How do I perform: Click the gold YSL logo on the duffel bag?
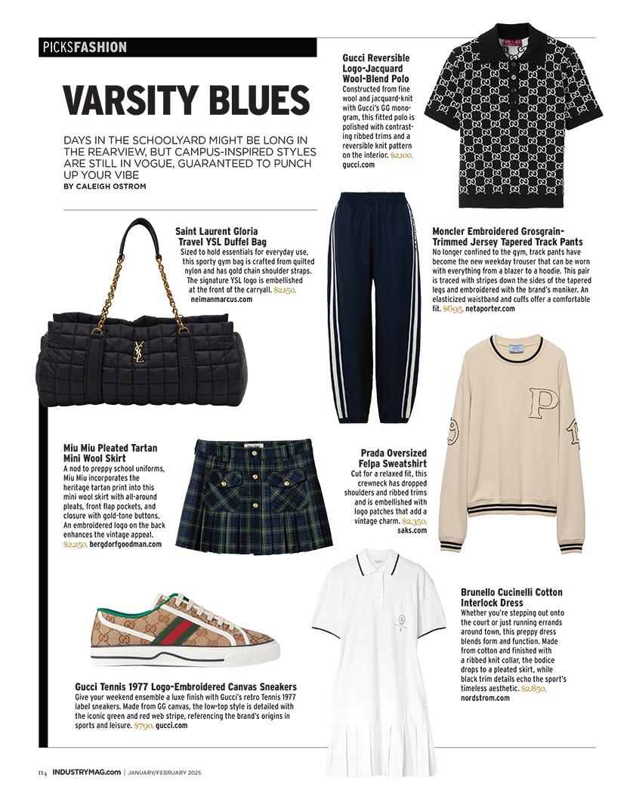pos(140,351)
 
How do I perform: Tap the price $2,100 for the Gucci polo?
pos(401,154)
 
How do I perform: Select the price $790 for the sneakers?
pos(143,725)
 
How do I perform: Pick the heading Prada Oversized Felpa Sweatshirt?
pos(393,458)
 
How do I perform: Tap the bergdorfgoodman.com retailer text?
pos(125,544)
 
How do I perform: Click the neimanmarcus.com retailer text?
pos(219,299)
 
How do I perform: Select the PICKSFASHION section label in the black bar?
pos(83,48)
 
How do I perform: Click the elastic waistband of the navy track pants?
pos(374,200)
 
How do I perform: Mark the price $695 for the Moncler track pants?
pos(452,308)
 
